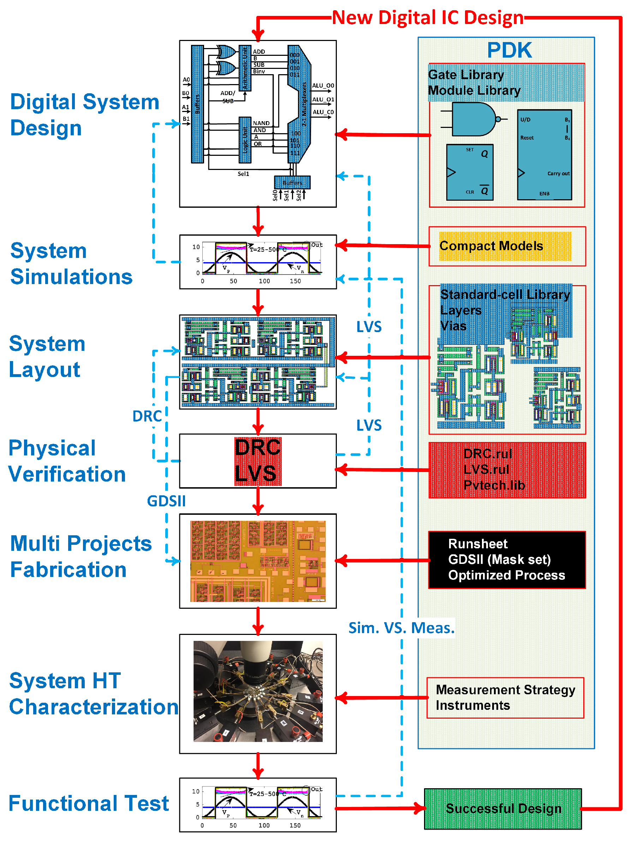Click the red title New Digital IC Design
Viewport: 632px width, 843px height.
point(428,18)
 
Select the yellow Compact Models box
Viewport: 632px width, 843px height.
point(505,246)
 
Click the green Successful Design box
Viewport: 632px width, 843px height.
point(503,808)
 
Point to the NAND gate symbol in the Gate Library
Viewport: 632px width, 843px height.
point(473,119)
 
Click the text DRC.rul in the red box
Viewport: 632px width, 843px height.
point(488,454)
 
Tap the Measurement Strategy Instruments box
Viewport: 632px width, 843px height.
point(505,697)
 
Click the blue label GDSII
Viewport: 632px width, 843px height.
point(167,501)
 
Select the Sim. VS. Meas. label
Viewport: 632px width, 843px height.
point(401,628)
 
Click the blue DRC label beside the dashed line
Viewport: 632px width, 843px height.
point(147,416)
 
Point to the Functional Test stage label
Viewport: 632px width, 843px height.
point(88,803)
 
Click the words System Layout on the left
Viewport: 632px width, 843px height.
point(47,356)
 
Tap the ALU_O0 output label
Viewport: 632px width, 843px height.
point(323,86)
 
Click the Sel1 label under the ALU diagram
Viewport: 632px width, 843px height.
point(243,174)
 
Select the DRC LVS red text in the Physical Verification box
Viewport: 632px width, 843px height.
point(258,461)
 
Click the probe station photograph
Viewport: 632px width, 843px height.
point(258,691)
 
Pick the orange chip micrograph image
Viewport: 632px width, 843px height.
point(258,561)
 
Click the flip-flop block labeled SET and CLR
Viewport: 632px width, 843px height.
point(470,172)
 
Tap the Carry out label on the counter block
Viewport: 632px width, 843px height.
point(558,173)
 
